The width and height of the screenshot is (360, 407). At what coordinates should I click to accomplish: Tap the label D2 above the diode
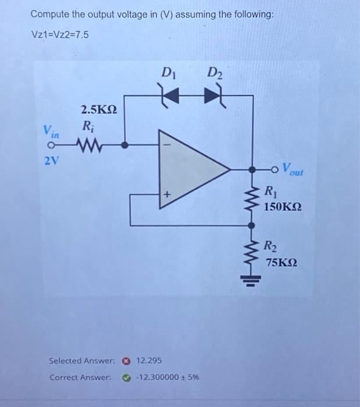pos(214,74)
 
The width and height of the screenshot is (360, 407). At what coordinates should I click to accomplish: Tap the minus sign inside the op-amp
pos(165,144)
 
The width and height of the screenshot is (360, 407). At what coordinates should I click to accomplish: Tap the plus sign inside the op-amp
pos(165,195)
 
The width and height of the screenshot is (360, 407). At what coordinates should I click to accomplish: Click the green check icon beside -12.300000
pos(125,377)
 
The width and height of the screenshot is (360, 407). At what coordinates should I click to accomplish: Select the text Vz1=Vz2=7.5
pos(60,35)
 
